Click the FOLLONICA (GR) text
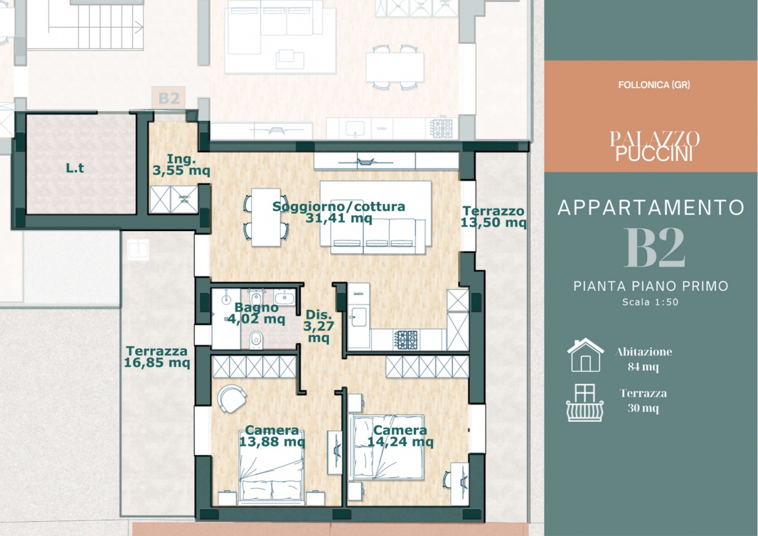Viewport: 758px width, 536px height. [654, 85]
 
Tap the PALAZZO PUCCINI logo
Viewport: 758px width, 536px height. [654, 146]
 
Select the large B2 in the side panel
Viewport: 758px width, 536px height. [654, 248]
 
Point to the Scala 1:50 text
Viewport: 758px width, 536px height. [650, 302]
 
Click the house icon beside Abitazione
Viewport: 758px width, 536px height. [586, 355]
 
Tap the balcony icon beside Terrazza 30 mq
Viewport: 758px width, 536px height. [585, 403]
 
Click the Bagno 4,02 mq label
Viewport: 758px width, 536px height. [256, 313]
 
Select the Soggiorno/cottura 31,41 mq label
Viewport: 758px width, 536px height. [339, 212]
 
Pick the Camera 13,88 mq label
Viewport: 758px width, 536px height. [272, 436]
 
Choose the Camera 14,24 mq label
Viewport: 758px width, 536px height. [400, 436]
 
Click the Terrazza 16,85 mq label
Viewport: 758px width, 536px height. [157, 357]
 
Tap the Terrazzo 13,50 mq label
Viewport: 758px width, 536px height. [493, 217]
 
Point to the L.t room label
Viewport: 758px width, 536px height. [75, 168]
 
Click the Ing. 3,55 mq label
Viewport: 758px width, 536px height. [181, 165]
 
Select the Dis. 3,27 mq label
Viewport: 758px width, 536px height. [319, 326]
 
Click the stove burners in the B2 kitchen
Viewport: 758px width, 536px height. [407, 339]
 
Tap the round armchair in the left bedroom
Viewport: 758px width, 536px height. [232, 399]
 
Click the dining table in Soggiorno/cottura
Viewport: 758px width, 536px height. [266, 217]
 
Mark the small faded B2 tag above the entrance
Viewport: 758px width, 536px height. [169, 98]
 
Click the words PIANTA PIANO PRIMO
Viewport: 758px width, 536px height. [651, 286]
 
